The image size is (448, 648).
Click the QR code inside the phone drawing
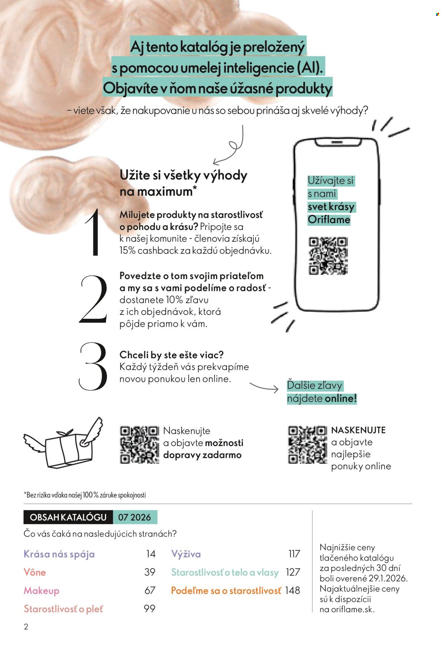coord(328,256)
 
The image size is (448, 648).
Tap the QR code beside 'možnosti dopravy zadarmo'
coord(139,445)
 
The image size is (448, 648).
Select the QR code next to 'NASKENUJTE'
coord(308,445)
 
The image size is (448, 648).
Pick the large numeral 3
coord(93,366)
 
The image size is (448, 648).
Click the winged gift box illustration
coord(63,443)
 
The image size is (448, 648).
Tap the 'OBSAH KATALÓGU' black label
coord(68,517)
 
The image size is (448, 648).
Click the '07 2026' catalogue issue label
coord(135,517)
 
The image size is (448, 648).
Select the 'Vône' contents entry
coord(35,572)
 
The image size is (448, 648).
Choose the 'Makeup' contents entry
coord(42,591)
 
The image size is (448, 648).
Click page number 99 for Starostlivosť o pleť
coord(149,609)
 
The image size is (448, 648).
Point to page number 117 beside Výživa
coord(294,554)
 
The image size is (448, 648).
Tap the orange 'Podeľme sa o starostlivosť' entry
coord(226,591)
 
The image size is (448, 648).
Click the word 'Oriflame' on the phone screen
coord(329,220)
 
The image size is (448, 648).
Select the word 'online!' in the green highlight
coord(341,398)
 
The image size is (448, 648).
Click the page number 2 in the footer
coord(26,627)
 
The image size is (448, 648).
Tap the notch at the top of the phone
coord(338,143)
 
